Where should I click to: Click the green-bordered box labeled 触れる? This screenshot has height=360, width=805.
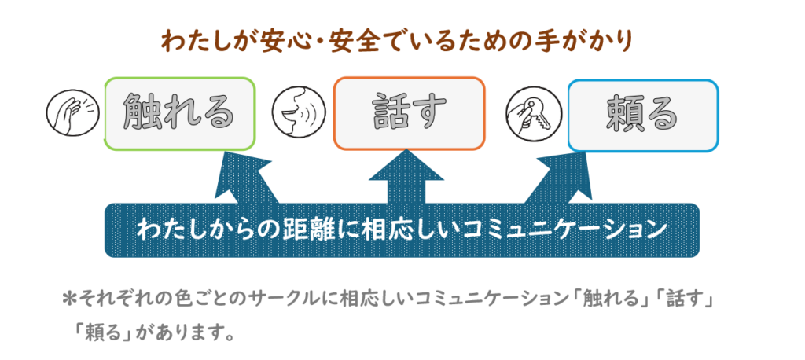pos(180,113)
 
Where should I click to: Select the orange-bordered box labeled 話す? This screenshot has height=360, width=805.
pos(409,113)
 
